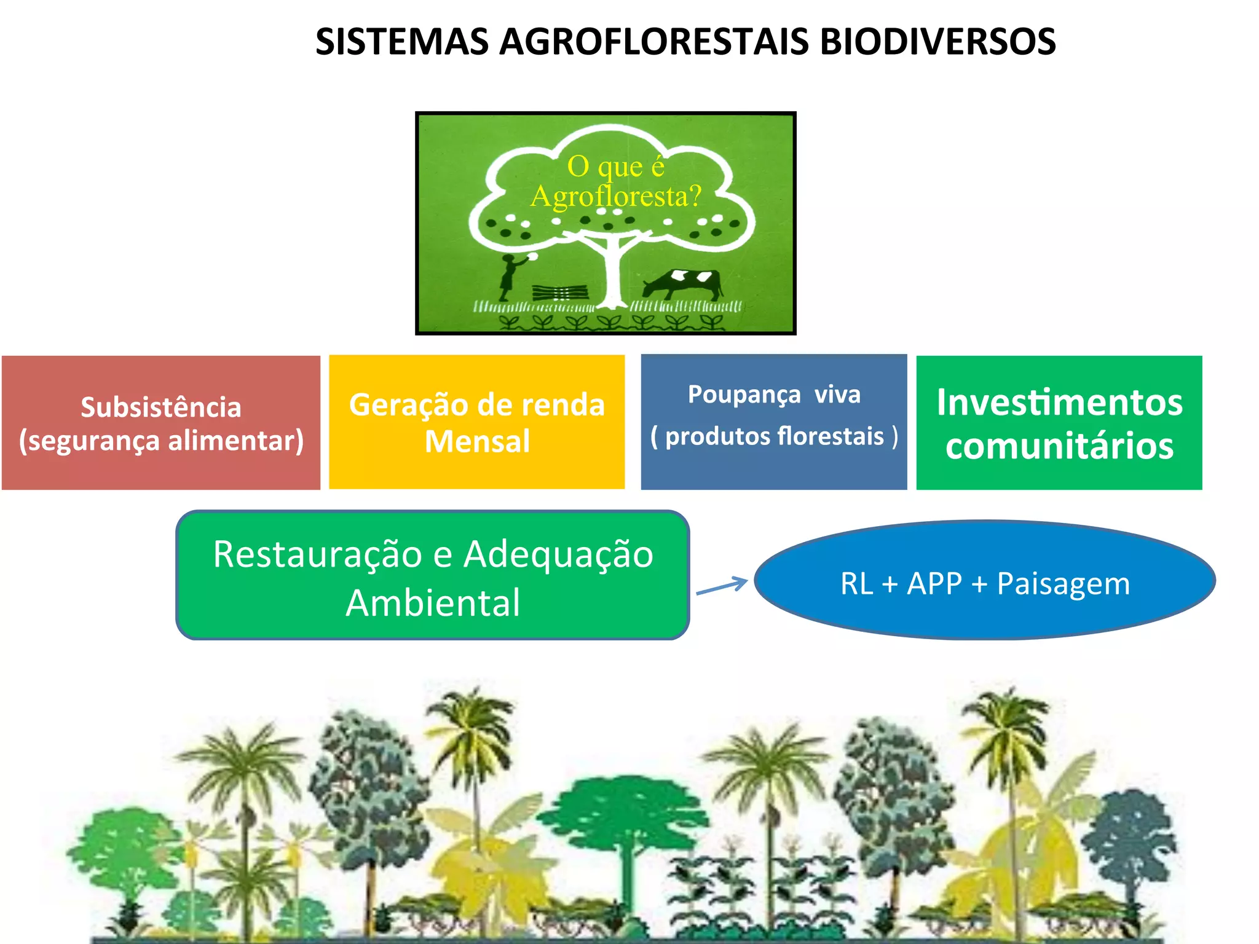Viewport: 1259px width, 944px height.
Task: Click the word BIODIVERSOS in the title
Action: click(937, 42)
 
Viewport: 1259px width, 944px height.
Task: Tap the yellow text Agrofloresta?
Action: click(615, 197)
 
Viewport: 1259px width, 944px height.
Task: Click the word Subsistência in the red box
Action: click(160, 407)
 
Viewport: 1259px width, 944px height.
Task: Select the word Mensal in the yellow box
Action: click(477, 441)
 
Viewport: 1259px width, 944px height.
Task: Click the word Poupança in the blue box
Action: click(744, 395)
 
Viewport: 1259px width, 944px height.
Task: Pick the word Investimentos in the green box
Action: click(1059, 403)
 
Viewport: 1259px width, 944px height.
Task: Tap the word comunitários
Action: click(1059, 446)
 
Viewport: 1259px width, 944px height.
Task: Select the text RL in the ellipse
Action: click(856, 584)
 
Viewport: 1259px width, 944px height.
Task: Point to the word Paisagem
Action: click(1063, 584)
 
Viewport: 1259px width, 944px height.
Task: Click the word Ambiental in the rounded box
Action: click(433, 602)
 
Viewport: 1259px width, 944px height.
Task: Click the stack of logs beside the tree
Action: click(559, 292)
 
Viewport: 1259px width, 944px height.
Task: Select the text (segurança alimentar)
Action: click(161, 441)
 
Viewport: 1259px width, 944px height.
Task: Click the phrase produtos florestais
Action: click(775, 436)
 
